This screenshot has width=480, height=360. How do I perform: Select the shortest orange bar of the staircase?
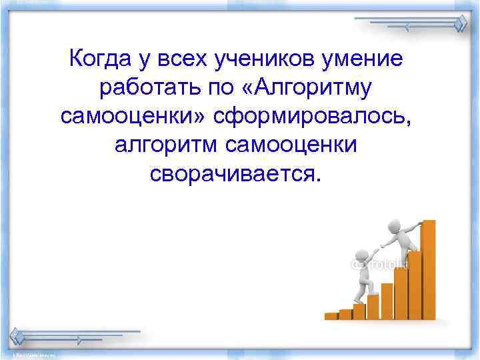(x=331, y=315)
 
